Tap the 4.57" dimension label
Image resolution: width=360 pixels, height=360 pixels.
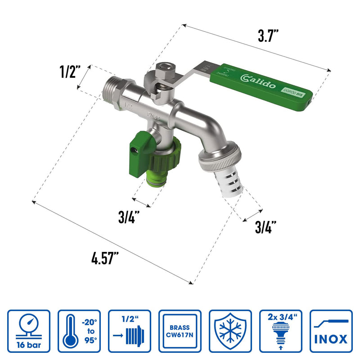(105, 260)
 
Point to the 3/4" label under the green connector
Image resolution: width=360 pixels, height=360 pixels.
(128, 218)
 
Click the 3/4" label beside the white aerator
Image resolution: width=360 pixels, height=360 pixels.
(265, 227)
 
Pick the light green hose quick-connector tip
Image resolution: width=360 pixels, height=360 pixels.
(159, 180)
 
